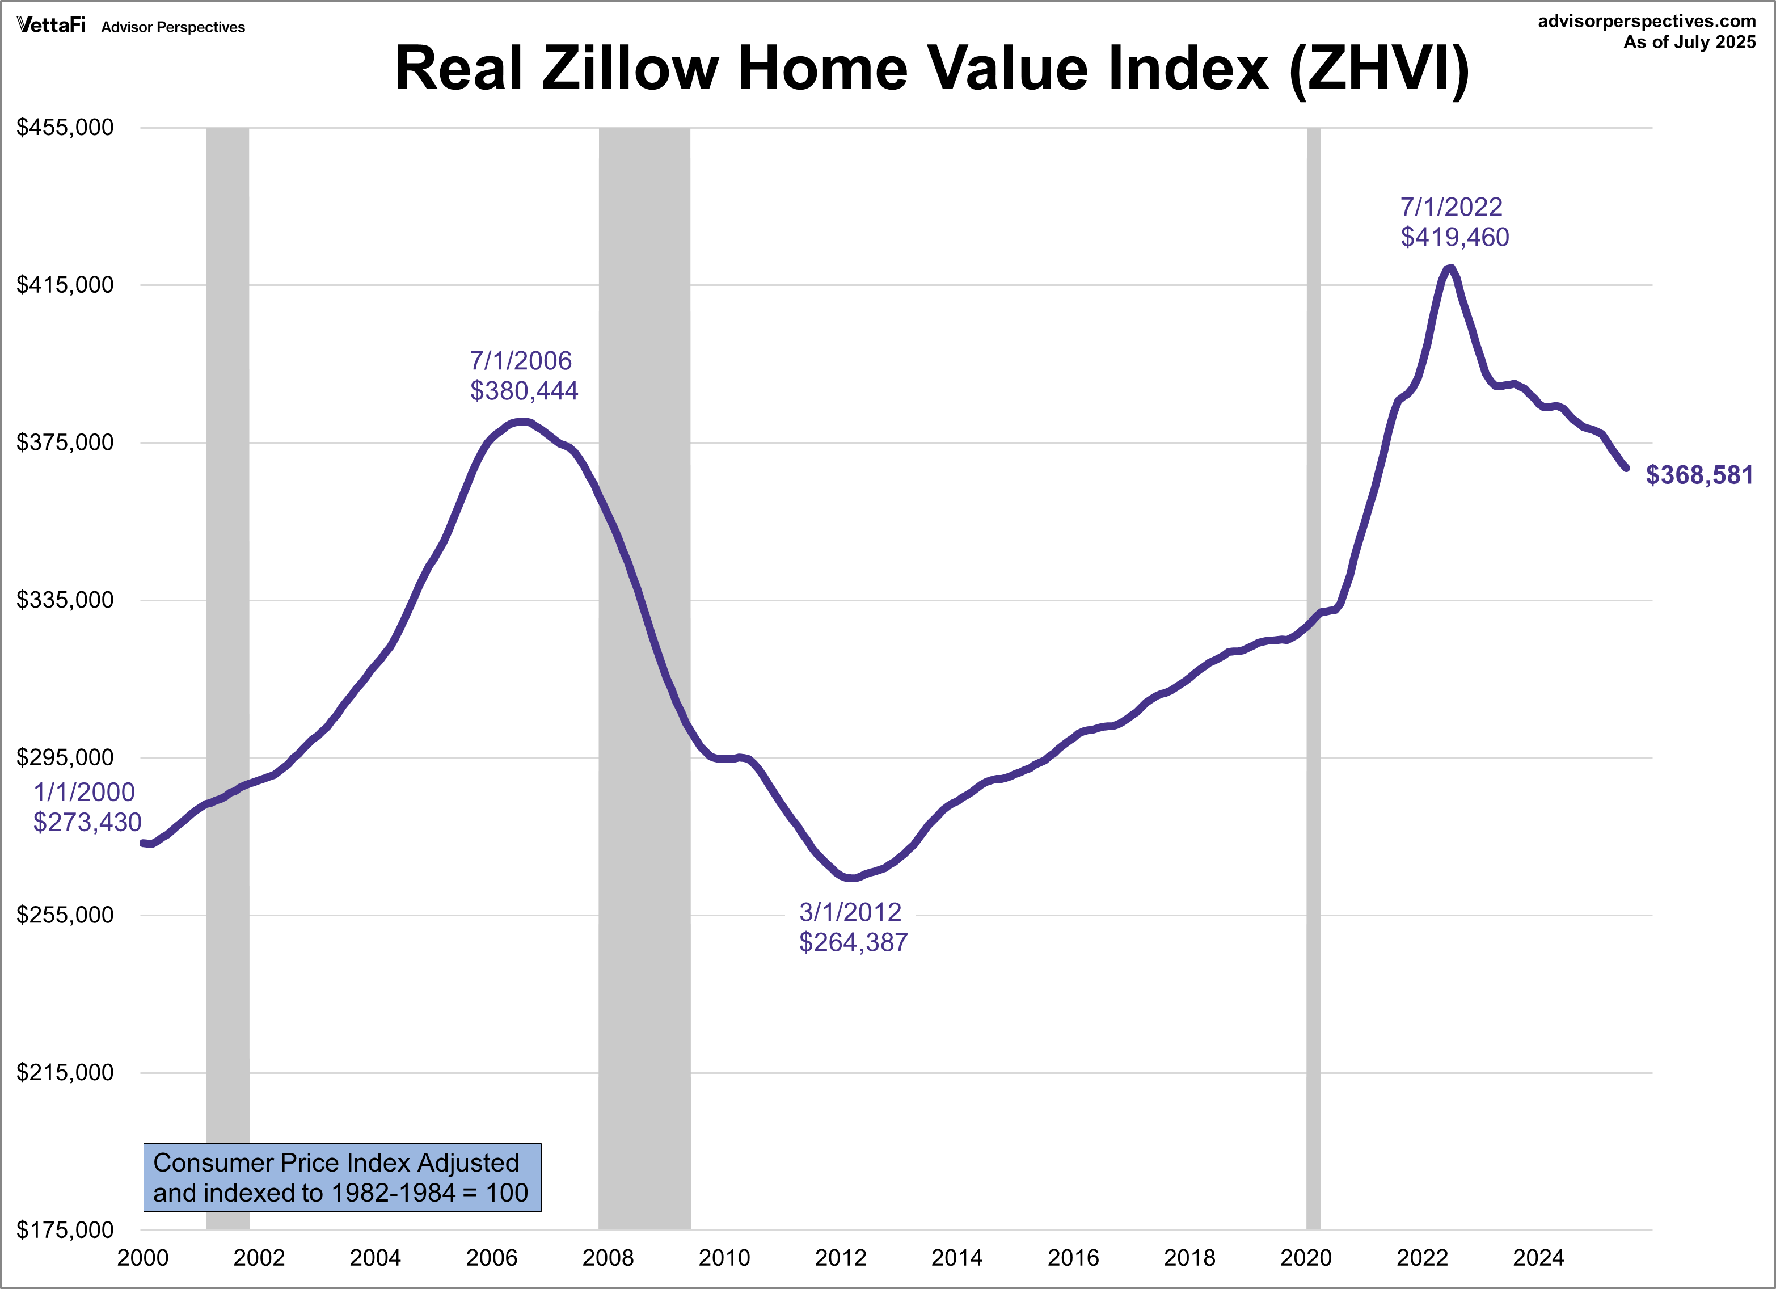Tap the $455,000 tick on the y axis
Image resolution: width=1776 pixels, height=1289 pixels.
pyautogui.click(x=65, y=127)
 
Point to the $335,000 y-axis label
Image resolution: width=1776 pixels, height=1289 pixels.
pyautogui.click(x=65, y=600)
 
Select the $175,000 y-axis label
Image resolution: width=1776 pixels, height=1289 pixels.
pyautogui.click(x=65, y=1230)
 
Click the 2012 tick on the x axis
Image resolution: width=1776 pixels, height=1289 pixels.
pyautogui.click(x=840, y=1258)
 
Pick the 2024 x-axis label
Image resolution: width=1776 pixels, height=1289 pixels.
pyautogui.click(x=1538, y=1258)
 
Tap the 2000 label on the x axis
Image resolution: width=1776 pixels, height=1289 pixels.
pyautogui.click(x=142, y=1258)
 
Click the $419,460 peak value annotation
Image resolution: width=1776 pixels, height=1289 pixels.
pyautogui.click(x=1454, y=237)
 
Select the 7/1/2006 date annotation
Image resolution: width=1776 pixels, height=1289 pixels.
pyautogui.click(x=521, y=360)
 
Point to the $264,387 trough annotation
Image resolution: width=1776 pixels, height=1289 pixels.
pyautogui.click(x=853, y=942)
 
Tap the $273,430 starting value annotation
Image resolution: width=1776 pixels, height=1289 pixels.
pyautogui.click(x=87, y=822)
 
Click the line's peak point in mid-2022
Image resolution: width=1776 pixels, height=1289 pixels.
pyautogui.click(x=1450, y=268)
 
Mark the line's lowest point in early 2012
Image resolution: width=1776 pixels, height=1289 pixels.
pyautogui.click(x=852, y=878)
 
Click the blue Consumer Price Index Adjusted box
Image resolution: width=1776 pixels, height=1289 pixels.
pyautogui.click(x=342, y=1177)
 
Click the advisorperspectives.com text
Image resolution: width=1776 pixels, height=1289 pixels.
pyautogui.click(x=1647, y=21)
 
